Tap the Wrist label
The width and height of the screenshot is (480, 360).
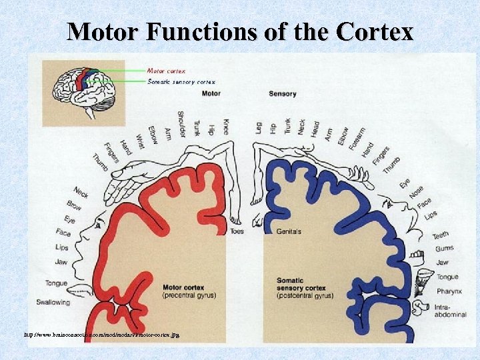point(139,141)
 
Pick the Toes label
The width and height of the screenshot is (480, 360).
point(237,231)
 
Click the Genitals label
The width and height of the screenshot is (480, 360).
point(289,231)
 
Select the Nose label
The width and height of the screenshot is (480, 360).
point(416,192)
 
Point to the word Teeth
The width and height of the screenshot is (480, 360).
point(441,235)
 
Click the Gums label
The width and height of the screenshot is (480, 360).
point(445,249)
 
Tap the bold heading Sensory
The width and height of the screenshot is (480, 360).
point(283,94)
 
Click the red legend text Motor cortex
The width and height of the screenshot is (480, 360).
point(166,69)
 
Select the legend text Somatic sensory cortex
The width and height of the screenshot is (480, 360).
point(181,82)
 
